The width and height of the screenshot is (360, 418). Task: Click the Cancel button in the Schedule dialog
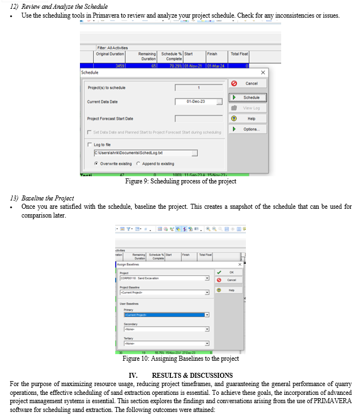[248, 84]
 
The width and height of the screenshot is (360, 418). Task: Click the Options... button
[248, 129]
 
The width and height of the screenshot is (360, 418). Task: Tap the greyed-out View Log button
[248, 108]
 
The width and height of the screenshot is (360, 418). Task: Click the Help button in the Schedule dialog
[248, 118]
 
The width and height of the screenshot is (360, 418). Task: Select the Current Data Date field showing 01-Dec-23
[196, 102]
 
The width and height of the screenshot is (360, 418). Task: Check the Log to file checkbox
[89, 144]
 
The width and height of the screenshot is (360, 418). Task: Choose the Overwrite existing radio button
[96, 164]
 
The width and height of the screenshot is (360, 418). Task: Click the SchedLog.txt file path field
[146, 153]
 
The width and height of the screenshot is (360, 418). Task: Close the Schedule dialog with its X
[262, 72]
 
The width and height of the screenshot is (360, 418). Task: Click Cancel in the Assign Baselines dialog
[229, 280]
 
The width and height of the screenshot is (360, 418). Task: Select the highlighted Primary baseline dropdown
[165, 314]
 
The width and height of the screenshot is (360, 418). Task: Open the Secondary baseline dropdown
[165, 329]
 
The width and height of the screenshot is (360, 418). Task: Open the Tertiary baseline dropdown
[165, 344]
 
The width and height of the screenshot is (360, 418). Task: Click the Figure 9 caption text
[180, 182]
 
